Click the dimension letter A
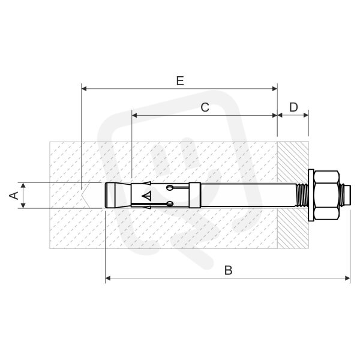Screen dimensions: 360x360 tap(14, 196)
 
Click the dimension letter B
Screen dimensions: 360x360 tap(228, 270)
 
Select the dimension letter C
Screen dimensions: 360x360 tap(205, 107)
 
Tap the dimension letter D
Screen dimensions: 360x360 tap(293, 107)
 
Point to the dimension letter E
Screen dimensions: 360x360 tap(180, 81)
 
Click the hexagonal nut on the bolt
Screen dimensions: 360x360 tap(326, 195)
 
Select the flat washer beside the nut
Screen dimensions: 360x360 tap(311, 195)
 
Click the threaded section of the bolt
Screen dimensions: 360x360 tap(301, 195)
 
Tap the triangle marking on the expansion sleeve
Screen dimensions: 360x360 tap(147, 196)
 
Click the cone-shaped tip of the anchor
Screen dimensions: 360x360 tap(118, 195)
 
